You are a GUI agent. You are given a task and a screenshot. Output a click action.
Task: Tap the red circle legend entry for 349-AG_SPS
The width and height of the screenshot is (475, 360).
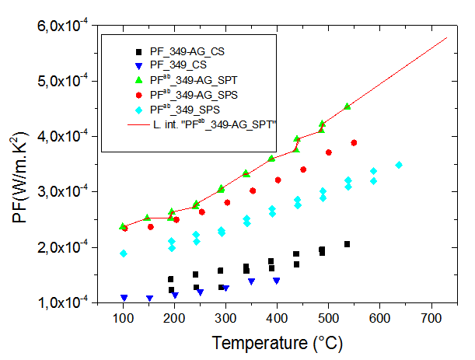point(187,94)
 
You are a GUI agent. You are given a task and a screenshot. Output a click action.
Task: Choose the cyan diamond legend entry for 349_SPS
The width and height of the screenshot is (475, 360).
point(180,109)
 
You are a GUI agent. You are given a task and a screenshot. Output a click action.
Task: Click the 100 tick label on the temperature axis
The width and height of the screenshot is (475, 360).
point(123,320)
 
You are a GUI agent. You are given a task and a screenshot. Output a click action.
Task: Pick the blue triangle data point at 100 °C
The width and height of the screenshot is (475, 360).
point(124,298)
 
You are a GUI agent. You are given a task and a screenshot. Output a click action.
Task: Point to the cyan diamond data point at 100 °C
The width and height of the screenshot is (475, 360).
point(123,253)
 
